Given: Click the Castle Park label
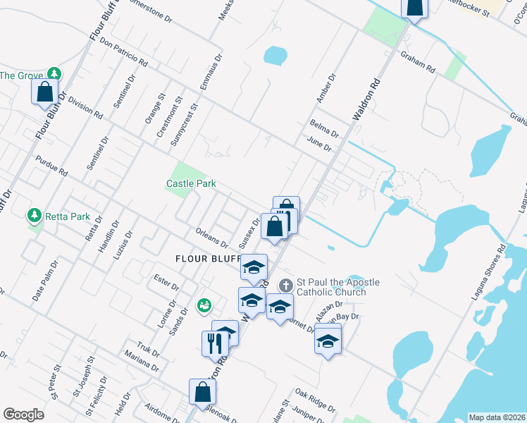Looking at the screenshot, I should click(x=191, y=183).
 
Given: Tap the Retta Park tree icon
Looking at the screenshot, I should click(x=32, y=214).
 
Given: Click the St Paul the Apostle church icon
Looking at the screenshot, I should click(x=286, y=286).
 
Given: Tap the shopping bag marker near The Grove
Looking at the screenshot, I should click(x=45, y=92).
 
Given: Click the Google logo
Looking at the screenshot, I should click(x=23, y=415).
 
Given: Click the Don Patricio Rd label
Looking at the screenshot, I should click(x=124, y=53).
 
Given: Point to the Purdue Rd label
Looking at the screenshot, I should click(x=51, y=166).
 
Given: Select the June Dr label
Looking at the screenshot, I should click(x=319, y=145).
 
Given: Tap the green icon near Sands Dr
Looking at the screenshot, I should click(x=204, y=305).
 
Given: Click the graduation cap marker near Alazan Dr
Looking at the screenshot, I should click(x=328, y=341).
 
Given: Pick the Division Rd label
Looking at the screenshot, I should click(x=86, y=109).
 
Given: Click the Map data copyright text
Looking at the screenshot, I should click(x=497, y=417).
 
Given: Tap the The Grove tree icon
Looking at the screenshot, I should click(x=54, y=74).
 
